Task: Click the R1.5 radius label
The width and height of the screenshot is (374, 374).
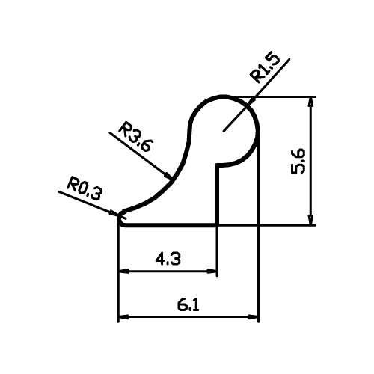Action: (266, 67)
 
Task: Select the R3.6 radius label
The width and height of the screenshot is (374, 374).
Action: (135, 137)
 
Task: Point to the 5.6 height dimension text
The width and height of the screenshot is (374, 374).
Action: (298, 161)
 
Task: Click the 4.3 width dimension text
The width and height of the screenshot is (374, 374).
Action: (168, 259)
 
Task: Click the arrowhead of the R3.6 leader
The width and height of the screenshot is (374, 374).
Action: (168, 176)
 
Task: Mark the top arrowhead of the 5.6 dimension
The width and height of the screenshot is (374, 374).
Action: (310, 102)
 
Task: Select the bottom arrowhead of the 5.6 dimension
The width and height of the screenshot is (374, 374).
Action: (310, 219)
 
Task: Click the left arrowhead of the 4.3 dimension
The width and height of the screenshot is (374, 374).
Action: (123, 271)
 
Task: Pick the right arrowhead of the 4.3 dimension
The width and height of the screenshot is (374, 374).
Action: (212, 271)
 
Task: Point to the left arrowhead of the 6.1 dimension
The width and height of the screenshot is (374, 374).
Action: (123, 317)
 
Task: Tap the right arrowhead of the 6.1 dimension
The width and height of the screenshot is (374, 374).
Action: (253, 317)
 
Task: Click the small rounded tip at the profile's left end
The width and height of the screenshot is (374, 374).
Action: (120, 218)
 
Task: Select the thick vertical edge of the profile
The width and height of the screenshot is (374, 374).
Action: (218, 195)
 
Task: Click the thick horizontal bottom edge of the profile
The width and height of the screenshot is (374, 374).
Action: (171, 225)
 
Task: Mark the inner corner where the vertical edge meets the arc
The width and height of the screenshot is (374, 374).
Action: (218, 165)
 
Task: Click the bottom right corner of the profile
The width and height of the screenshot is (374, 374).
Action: (218, 225)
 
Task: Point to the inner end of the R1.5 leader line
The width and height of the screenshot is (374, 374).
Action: (224, 131)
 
